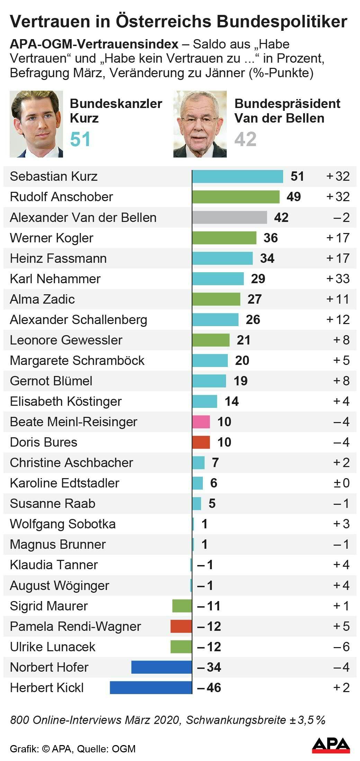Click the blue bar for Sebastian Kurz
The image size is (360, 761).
[x=237, y=176]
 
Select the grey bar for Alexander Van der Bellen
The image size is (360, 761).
[x=229, y=217]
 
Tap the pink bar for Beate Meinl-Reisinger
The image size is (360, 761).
[x=201, y=422]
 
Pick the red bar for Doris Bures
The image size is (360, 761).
[x=201, y=442]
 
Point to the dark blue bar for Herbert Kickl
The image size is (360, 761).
[x=151, y=688]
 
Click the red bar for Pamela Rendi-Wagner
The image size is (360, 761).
[x=181, y=626]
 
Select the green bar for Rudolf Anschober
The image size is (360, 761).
[x=236, y=197]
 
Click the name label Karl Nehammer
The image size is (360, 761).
[x=55, y=279]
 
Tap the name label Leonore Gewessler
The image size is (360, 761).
[x=66, y=340]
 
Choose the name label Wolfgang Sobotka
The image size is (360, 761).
[x=63, y=524]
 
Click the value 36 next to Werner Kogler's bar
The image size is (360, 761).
[x=270, y=238]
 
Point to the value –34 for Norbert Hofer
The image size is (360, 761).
[x=209, y=667]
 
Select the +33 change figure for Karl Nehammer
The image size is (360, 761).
[x=338, y=279]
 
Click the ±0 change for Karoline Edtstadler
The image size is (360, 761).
[x=341, y=483]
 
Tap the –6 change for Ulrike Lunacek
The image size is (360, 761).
[x=341, y=647]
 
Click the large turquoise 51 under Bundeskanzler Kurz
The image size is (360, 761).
[x=80, y=139]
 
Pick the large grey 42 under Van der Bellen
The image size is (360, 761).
[x=245, y=139]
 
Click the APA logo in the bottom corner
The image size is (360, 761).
[x=331, y=745]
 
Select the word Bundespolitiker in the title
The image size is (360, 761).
[x=282, y=21]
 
